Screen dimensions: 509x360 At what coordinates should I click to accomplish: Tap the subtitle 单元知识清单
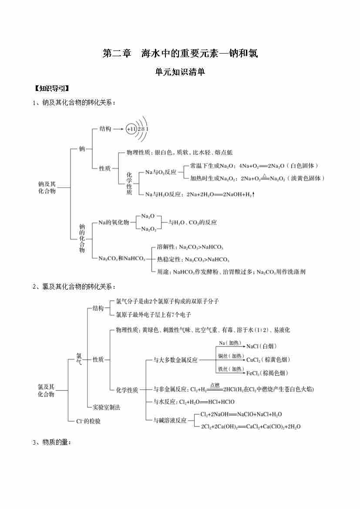(x=180, y=72)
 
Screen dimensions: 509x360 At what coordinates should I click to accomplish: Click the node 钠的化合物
(x=82, y=239)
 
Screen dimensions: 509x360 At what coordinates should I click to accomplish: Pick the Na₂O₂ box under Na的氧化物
(x=149, y=229)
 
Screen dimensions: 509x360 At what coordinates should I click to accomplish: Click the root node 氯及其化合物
(x=46, y=390)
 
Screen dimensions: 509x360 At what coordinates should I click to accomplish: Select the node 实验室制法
(x=106, y=408)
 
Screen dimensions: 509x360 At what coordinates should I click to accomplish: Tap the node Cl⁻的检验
(x=88, y=421)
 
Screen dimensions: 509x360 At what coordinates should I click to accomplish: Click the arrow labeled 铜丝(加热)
(x=231, y=360)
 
